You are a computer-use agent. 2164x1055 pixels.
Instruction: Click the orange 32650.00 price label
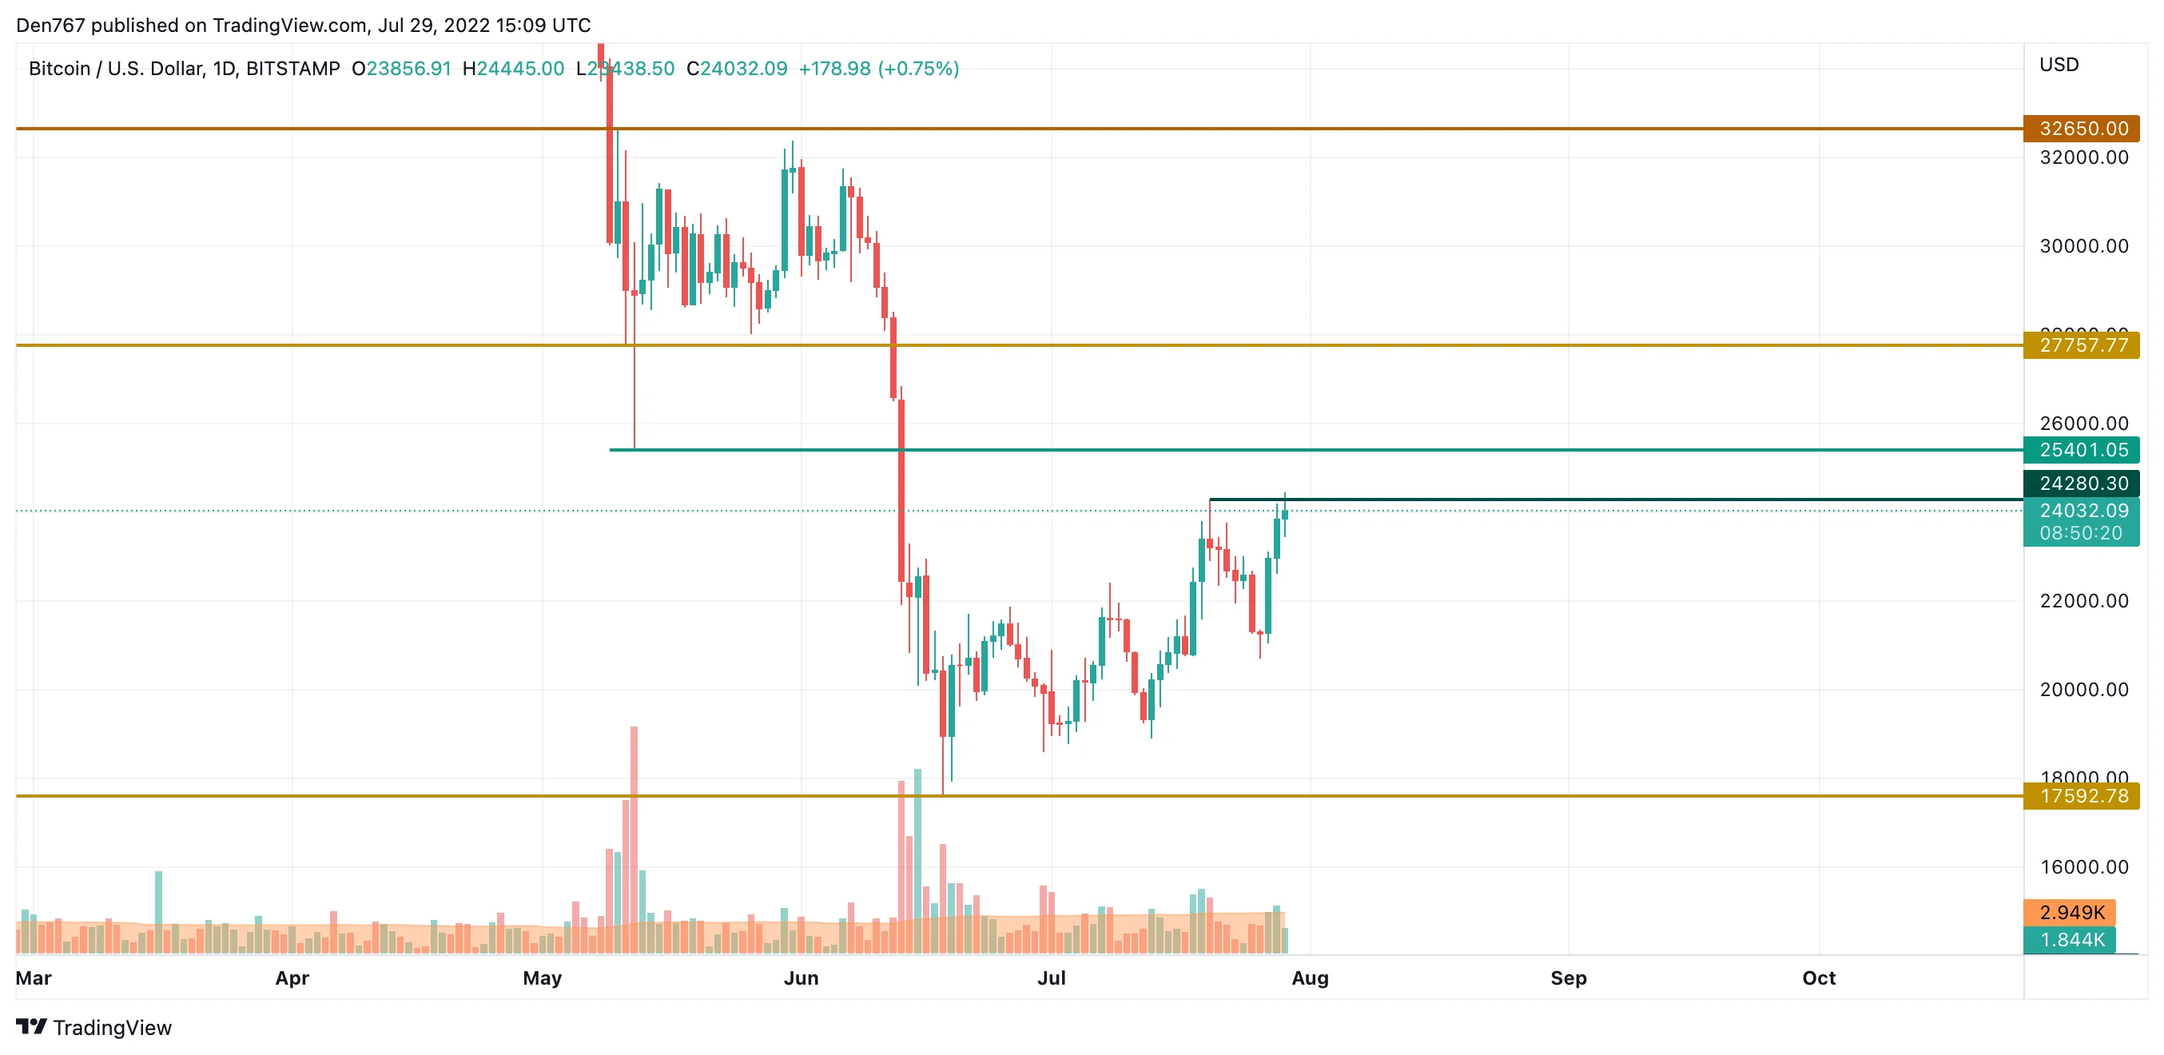(2082, 129)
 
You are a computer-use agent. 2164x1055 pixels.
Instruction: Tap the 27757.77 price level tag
(2082, 345)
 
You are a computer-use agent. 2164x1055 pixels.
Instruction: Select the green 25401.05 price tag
(2082, 450)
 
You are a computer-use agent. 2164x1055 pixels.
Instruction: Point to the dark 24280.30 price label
(2082, 484)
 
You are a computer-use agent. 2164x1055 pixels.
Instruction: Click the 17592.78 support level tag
(2082, 795)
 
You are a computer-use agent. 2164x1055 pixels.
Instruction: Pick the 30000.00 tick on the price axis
(2083, 246)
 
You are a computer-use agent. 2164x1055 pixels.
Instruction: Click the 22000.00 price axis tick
(2083, 600)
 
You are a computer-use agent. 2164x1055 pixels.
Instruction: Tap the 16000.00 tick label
(2083, 867)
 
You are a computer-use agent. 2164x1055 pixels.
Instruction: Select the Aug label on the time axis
(1310, 977)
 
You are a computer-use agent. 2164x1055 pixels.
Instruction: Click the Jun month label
(801, 977)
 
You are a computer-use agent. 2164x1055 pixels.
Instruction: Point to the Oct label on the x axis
(1819, 977)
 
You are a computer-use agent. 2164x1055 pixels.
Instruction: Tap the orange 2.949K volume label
(2071, 912)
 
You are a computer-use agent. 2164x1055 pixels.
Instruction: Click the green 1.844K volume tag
(2071, 940)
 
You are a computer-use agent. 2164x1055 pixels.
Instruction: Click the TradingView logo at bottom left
(94, 1027)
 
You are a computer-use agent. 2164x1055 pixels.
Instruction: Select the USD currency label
(2059, 65)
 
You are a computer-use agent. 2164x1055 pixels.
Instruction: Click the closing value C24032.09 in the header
(737, 69)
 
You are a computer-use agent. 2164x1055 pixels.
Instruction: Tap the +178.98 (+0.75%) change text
(879, 69)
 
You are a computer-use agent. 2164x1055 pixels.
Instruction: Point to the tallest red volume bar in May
(634, 840)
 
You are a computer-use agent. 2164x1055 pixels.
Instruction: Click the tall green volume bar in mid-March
(158, 911)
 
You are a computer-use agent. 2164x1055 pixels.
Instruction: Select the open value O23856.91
(401, 69)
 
